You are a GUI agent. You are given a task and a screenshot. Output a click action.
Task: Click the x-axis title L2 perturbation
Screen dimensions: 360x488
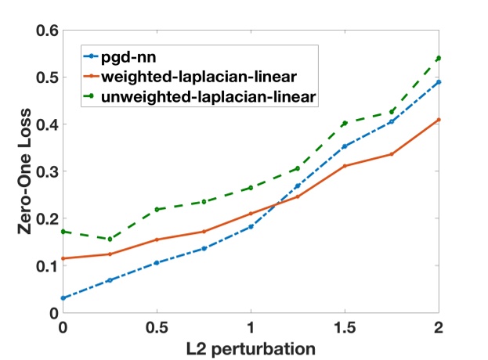point(251,347)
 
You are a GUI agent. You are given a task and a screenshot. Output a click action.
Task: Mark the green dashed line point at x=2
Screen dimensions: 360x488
point(439,58)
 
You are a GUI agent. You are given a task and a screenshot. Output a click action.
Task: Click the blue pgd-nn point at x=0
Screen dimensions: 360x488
point(63,298)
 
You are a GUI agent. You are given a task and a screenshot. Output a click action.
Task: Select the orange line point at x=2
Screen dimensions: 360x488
point(439,120)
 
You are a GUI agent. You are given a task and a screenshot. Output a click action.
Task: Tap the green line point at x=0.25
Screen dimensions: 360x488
point(110,239)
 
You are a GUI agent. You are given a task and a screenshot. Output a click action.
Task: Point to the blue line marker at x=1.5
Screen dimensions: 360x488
point(345,146)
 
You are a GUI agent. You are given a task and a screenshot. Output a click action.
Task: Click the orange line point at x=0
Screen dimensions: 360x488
point(63,258)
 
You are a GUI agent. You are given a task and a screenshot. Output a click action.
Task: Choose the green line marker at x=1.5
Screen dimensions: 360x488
point(345,123)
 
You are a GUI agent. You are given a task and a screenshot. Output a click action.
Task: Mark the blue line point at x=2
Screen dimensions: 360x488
point(439,81)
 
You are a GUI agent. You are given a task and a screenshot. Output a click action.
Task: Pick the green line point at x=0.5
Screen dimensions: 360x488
point(157,209)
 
